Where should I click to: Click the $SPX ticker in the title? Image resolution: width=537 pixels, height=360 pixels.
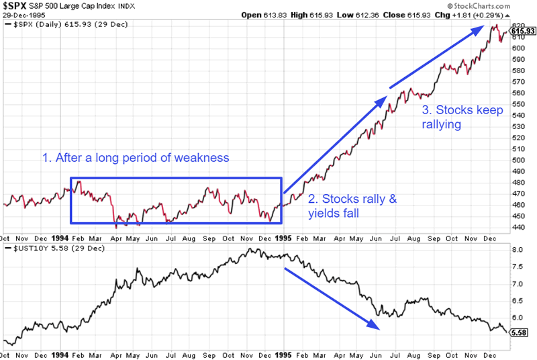tap(16, 6)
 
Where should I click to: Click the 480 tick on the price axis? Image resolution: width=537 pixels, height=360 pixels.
tap(518, 181)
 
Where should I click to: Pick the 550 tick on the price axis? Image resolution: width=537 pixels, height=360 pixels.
tap(518, 104)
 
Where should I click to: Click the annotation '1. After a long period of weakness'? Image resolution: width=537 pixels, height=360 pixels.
tap(136, 158)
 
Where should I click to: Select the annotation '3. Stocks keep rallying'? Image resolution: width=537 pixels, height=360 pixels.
tap(462, 117)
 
